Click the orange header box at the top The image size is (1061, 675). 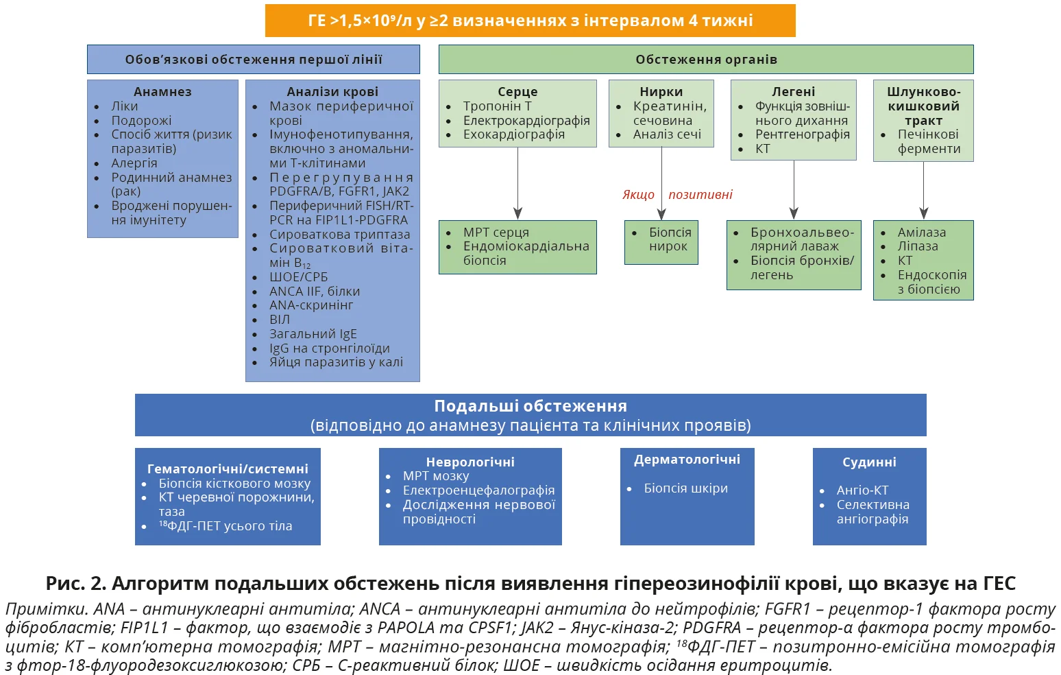(530, 21)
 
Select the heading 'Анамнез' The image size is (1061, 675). (162, 91)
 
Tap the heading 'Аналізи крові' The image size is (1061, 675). (332, 91)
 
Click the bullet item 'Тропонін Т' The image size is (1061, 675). (497, 106)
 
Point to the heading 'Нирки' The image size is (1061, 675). (661, 91)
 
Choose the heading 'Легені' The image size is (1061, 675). (793, 91)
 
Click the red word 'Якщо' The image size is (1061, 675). (638, 195)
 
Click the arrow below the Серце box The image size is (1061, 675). (517, 184)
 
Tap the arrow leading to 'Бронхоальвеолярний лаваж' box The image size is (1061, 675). (794, 189)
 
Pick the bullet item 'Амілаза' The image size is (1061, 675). (921, 233)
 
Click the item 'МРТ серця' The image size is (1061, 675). (496, 233)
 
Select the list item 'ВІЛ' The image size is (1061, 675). (280, 320)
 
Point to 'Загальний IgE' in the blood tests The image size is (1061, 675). (313, 334)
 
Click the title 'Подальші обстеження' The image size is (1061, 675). (530, 406)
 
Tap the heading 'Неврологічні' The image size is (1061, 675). (469, 462)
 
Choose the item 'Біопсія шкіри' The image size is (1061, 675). (685, 488)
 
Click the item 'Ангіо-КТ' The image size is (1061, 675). (862, 490)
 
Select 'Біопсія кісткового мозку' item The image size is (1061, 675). (234, 483)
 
